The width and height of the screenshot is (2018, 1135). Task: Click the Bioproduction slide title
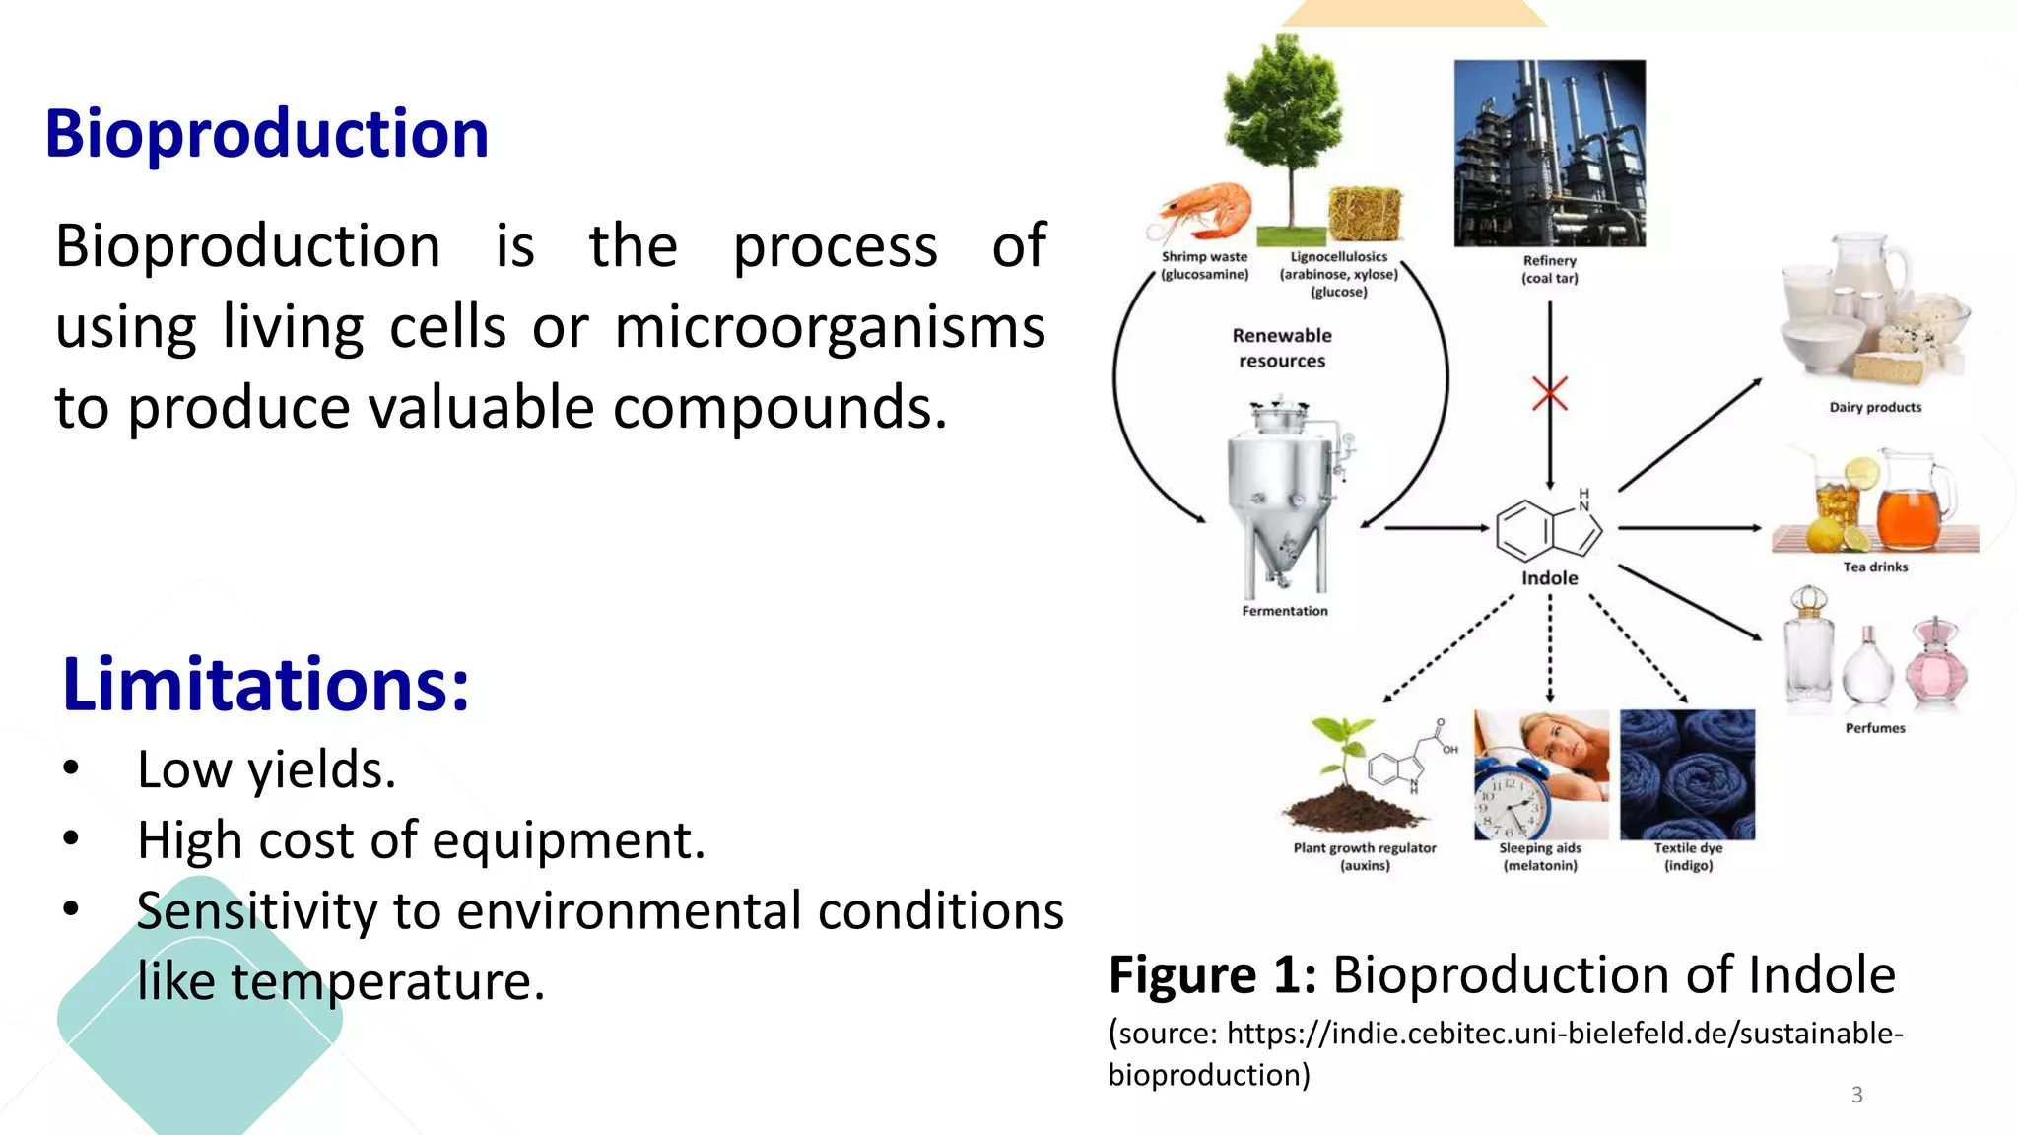tap(266, 134)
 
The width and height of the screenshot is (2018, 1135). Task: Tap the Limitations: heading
tap(266, 684)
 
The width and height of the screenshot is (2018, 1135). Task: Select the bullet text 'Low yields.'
tap(266, 769)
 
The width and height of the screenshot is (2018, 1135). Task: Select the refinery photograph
tap(1549, 153)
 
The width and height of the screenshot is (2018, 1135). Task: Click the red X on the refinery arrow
tap(1550, 394)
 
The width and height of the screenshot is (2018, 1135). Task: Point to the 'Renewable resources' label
tap(1282, 348)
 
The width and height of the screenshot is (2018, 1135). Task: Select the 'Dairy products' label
tap(1875, 407)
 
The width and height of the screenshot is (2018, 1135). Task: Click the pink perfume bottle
tap(1936, 664)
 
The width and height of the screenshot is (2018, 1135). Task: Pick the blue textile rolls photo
tap(1687, 773)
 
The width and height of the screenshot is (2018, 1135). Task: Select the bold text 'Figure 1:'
tap(1212, 975)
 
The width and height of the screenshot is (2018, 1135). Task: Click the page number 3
tap(1856, 1095)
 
